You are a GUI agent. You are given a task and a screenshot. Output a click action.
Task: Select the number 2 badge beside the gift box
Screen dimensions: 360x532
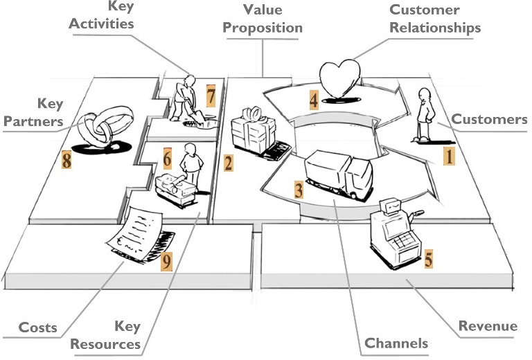coord(228,163)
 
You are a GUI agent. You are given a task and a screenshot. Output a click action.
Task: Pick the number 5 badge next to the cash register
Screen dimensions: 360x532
coord(429,260)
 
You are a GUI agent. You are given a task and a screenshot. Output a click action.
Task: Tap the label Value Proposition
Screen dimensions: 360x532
coord(263,19)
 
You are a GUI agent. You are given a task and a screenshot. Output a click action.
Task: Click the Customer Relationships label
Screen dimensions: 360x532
coord(434,19)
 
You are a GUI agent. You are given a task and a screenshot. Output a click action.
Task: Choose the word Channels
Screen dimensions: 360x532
coord(396,343)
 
